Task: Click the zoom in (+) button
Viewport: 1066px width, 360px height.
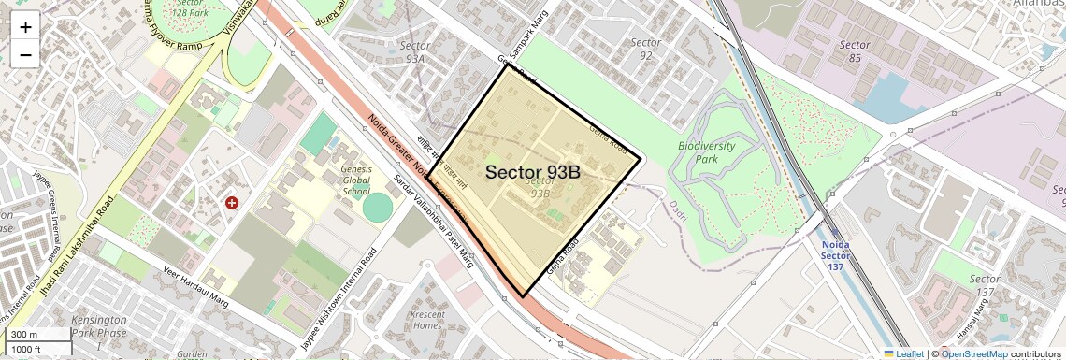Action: click(x=25, y=27)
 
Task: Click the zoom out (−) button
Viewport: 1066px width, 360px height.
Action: click(x=25, y=54)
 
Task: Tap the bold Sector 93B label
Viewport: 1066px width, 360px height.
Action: click(x=533, y=172)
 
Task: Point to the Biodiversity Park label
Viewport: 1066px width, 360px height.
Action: click(x=706, y=152)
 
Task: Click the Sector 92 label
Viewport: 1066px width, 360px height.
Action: click(x=645, y=49)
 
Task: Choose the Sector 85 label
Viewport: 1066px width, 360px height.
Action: click(x=854, y=51)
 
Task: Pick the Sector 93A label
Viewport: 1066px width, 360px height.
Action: click(x=412, y=51)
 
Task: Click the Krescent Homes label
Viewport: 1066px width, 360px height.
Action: click(x=427, y=320)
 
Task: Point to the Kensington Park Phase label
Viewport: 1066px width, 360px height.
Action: click(x=97, y=326)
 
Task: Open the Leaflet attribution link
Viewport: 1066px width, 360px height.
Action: click(x=904, y=353)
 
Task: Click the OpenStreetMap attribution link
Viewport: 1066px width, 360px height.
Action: click(x=973, y=353)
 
